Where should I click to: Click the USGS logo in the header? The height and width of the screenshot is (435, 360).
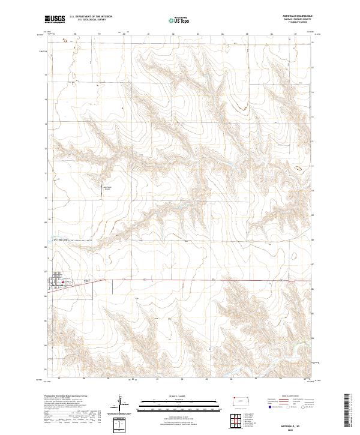tap(53, 20)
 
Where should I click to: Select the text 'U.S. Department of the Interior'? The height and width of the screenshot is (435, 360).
tap(91, 17)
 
